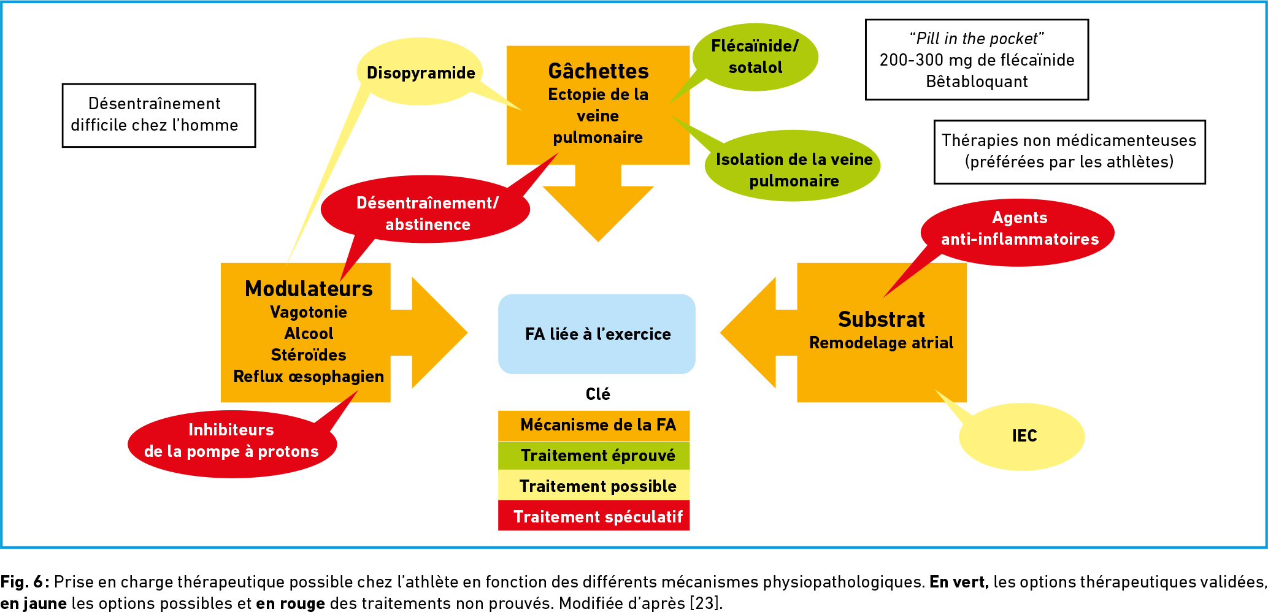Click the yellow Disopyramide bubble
tap(420, 72)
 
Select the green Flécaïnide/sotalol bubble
tap(755, 57)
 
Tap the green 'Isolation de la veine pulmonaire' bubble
tap(793, 166)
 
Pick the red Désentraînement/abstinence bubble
tap(426, 210)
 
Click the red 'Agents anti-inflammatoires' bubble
tap(1018, 232)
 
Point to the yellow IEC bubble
tap(1022, 437)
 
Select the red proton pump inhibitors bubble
tap(232, 444)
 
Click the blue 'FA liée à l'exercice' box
tap(597, 334)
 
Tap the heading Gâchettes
tap(598, 71)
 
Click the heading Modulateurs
tap(309, 289)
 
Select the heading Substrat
tap(882, 319)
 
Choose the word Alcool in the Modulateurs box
tap(309, 334)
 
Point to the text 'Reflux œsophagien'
tap(309, 377)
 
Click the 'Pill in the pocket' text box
tap(977, 59)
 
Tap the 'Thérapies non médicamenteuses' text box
tap(1069, 151)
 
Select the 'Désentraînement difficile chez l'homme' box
tap(159, 115)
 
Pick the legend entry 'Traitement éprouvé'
tap(594, 456)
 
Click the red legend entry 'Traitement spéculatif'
tap(594, 516)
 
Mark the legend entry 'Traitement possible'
tap(594, 486)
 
